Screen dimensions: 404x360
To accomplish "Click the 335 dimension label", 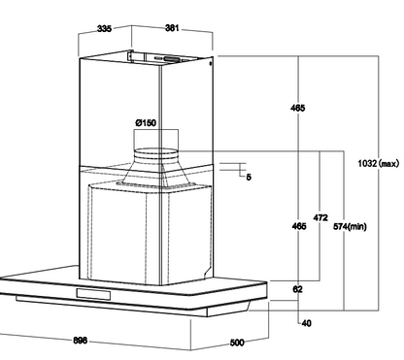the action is coord(104,28).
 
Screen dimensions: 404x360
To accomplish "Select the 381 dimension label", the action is coord(172,28).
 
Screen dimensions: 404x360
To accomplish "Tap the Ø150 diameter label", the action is coord(146,123).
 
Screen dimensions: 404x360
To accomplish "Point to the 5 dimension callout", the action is coord(249,177).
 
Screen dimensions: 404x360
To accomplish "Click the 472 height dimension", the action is coord(320,218).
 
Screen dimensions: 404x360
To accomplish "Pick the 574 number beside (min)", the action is coord(341,226).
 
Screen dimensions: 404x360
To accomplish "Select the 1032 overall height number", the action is coord(367,163).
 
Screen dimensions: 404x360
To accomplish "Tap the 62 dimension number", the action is coord(297,289).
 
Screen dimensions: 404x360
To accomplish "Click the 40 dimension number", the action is coord(306,323).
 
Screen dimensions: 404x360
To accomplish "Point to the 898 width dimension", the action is coord(80,341).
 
